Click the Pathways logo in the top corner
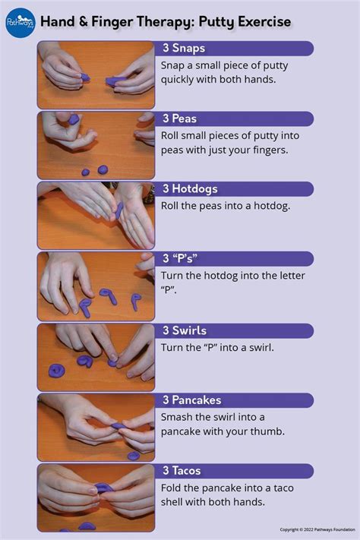pyautogui.click(x=21, y=21)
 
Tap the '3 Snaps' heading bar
pyautogui.click(x=235, y=49)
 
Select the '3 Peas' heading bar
pyautogui.click(x=235, y=118)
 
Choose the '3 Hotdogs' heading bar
pyautogui.click(x=235, y=189)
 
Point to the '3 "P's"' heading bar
pyautogui.click(x=235, y=259)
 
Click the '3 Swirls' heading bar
pyautogui.click(x=235, y=330)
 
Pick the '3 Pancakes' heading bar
pyautogui.click(x=235, y=400)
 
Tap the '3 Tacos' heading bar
pyautogui.click(x=235, y=471)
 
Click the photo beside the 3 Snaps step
pyautogui.click(x=96, y=74)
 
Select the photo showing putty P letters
pyautogui.click(x=96, y=286)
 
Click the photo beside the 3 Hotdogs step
pyautogui.click(x=96, y=215)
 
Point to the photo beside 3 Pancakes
pyautogui.click(x=96, y=427)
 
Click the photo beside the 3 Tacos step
pyautogui.click(x=96, y=497)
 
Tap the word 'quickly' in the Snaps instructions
pyautogui.click(x=181, y=80)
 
